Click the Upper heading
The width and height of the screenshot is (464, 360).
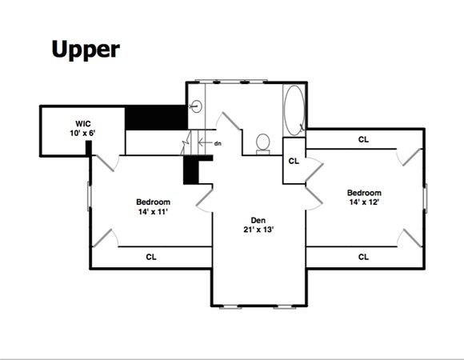coord(86,50)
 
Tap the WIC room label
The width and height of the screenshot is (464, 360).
coord(83,124)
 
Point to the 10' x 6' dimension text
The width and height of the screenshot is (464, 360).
coord(82,133)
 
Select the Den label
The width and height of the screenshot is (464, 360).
coord(258,220)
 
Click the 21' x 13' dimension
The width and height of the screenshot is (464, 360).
coord(258,230)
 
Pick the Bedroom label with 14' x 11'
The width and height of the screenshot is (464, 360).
coord(153,202)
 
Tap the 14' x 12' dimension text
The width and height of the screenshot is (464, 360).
coord(364,202)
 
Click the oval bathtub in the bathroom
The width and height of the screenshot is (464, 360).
coord(294,110)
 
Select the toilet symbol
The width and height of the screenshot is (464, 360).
coord(262,144)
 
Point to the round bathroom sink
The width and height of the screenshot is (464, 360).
coord(196,106)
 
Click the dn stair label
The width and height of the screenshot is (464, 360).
coord(218,143)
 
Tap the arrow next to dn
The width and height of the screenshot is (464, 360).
coord(206,143)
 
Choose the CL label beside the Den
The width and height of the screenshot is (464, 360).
coord(294,161)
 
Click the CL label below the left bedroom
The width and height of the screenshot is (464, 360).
coord(151,257)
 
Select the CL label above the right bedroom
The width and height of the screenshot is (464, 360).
coord(363,139)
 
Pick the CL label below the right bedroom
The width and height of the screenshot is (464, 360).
coord(363,257)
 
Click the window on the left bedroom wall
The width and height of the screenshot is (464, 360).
coord(89,197)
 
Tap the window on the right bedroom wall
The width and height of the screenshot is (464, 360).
coord(426,198)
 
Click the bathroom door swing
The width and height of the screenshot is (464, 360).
coord(229,121)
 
